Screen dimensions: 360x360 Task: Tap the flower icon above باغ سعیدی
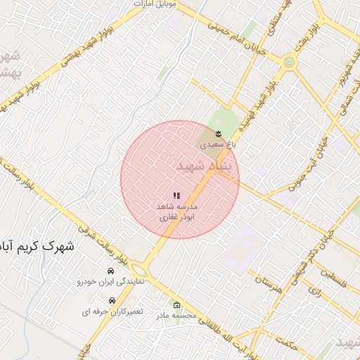coord(219,133)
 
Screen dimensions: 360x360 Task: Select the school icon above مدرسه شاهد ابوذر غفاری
coord(176,195)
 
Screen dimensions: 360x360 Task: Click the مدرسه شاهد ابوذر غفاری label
coord(176,212)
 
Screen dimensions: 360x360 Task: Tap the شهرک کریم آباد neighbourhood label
coord(42,247)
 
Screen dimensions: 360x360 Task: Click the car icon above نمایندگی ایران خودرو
coord(111,271)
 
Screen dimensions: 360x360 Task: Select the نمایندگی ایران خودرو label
coord(111,281)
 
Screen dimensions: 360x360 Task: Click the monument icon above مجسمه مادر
coord(176,305)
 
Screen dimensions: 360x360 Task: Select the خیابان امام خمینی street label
coord(236,35)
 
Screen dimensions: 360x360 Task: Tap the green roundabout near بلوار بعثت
coord(288,63)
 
